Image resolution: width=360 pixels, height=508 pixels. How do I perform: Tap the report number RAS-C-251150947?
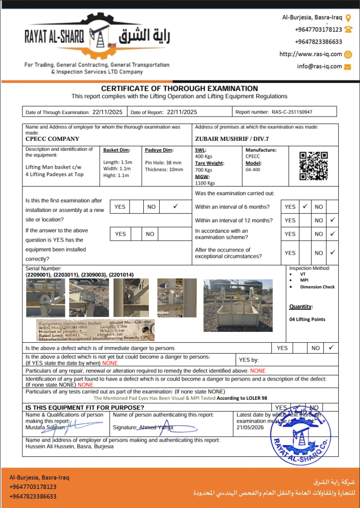tap(292, 112)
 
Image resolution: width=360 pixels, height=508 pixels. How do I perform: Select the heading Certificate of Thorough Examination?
tap(180, 88)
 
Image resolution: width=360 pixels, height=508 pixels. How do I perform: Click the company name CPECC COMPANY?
tap(53, 139)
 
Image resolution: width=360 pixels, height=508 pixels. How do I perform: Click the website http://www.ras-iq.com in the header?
tap(311, 54)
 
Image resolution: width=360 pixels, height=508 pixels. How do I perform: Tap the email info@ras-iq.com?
tap(320, 66)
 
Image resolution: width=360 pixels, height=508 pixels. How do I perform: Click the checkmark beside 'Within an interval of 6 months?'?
tap(305, 206)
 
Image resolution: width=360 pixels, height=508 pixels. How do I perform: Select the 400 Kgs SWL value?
tap(203, 156)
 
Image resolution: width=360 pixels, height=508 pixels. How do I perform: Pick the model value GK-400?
tap(252, 169)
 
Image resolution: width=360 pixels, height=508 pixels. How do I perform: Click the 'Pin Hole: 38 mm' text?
tap(163, 163)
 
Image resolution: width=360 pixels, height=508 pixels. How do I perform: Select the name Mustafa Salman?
tap(42, 427)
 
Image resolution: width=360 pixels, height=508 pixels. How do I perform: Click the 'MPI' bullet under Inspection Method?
tap(304, 280)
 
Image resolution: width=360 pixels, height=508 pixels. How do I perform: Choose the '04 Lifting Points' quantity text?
tap(307, 319)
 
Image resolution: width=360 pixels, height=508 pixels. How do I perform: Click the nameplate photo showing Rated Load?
tap(95, 330)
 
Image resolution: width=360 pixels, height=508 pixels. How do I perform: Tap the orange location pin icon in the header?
tap(348, 18)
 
